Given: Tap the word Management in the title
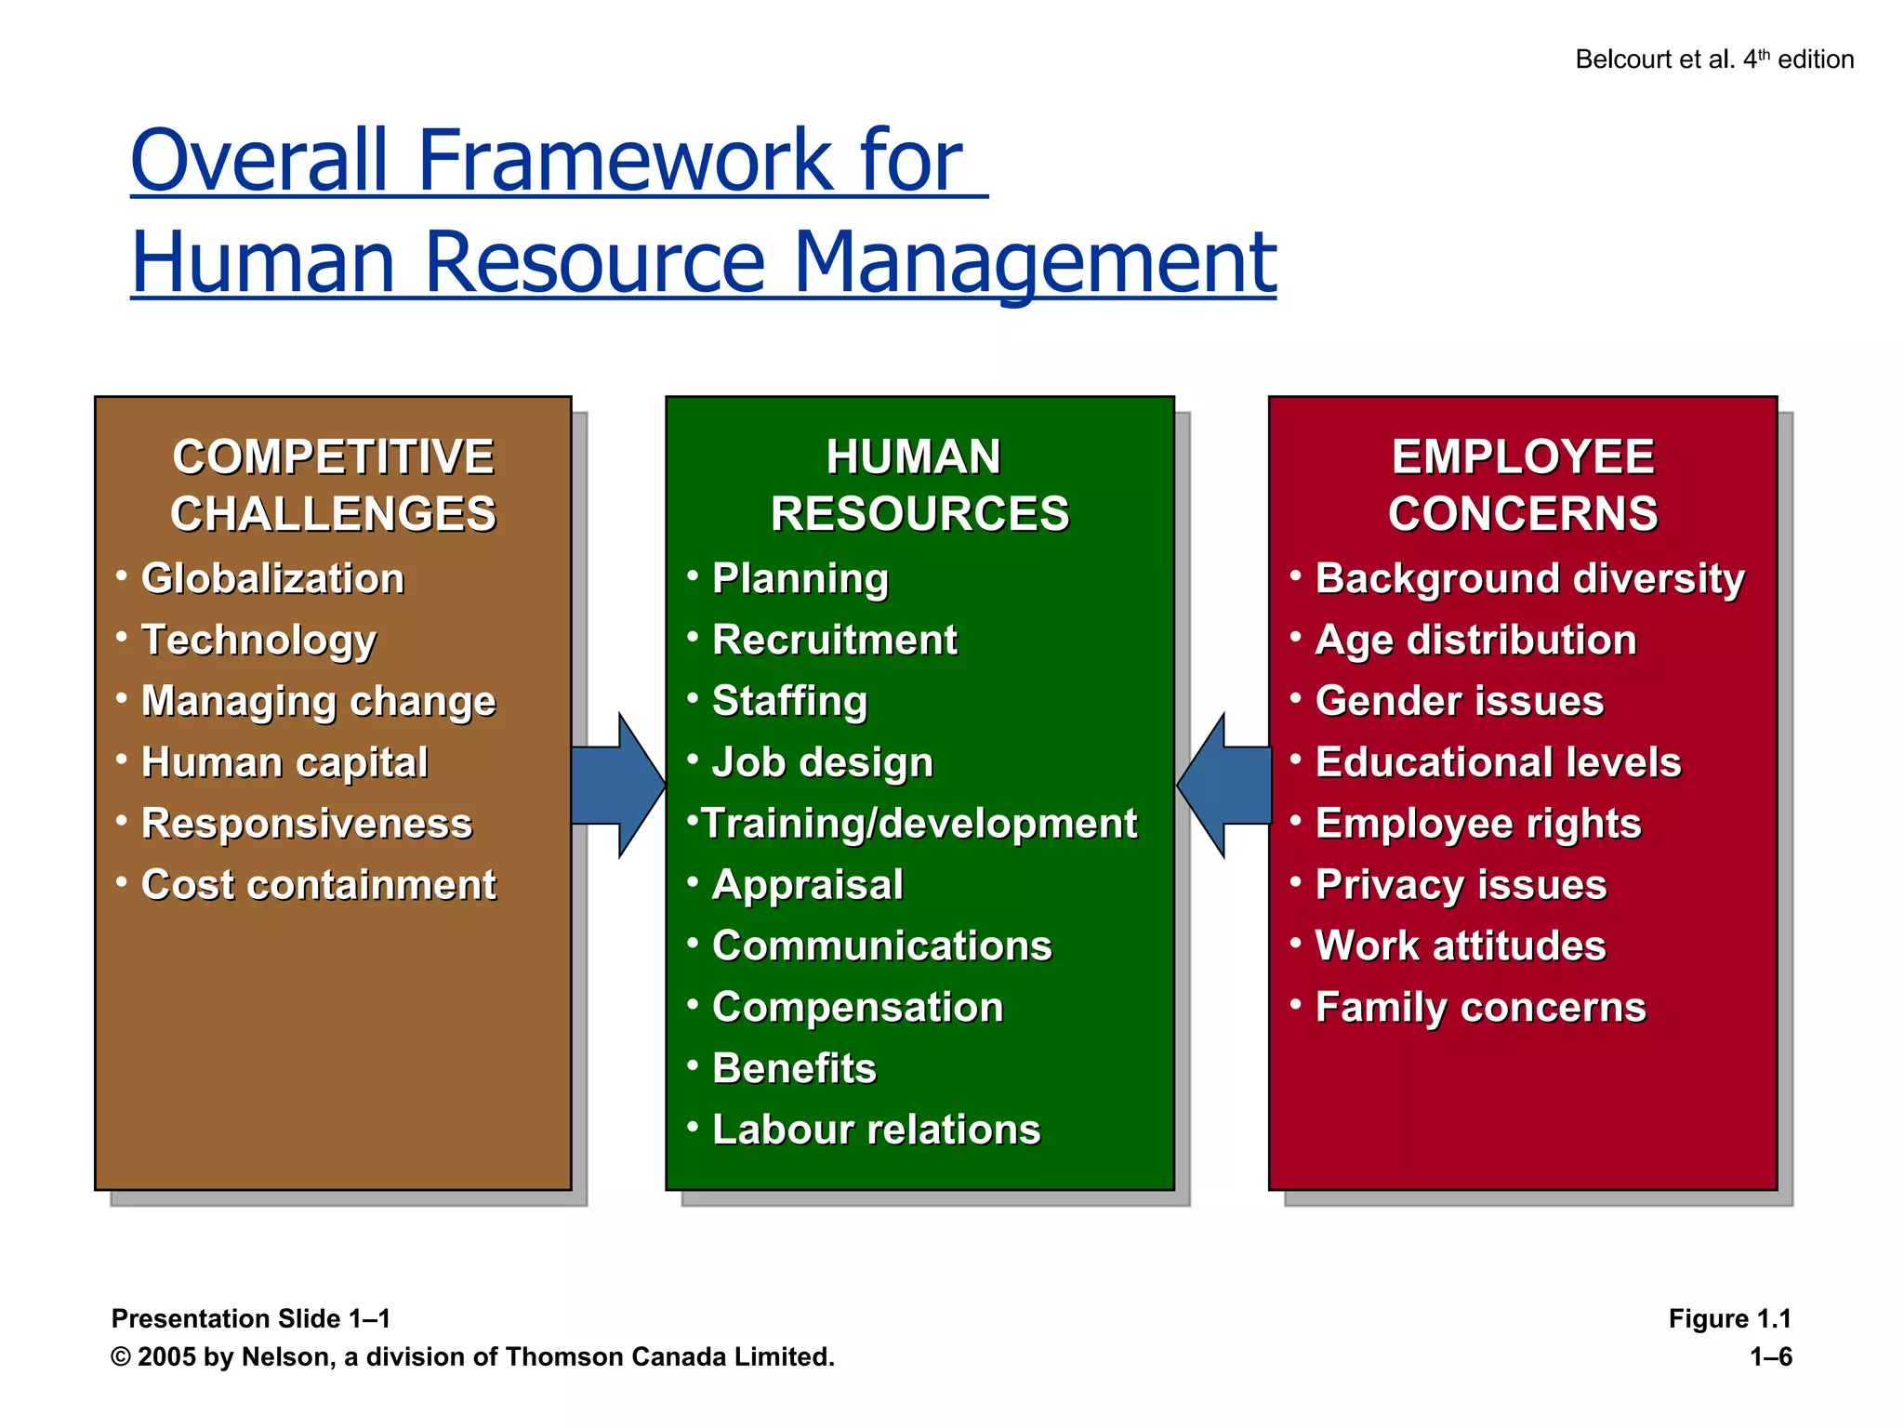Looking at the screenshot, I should click(1035, 262).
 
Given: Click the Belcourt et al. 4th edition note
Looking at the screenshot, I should click(1713, 59).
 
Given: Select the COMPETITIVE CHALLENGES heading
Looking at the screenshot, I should click(333, 485).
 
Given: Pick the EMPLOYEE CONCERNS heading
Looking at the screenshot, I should click(1523, 485).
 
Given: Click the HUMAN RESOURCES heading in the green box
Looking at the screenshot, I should click(919, 485).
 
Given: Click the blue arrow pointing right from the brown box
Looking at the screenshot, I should click(617, 786).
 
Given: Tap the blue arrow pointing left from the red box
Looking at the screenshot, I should click(1224, 786).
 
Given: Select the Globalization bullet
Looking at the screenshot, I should click(272, 578).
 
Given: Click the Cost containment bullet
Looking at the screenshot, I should click(318, 884).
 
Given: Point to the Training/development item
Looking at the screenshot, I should click(919, 824).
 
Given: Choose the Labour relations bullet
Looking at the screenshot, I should click(876, 1130).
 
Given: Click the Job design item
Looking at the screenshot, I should click(822, 762).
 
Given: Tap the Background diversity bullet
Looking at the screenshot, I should click(1529, 578).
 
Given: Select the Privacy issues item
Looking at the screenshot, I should click(1461, 884).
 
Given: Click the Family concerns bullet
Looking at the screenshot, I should click(1480, 1007).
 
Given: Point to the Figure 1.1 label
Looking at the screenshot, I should click(1729, 1318).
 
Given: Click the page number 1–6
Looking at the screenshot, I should click(1770, 1356).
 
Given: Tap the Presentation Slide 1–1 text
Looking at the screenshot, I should click(251, 1318).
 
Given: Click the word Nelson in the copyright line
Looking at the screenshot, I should click(285, 1357).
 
